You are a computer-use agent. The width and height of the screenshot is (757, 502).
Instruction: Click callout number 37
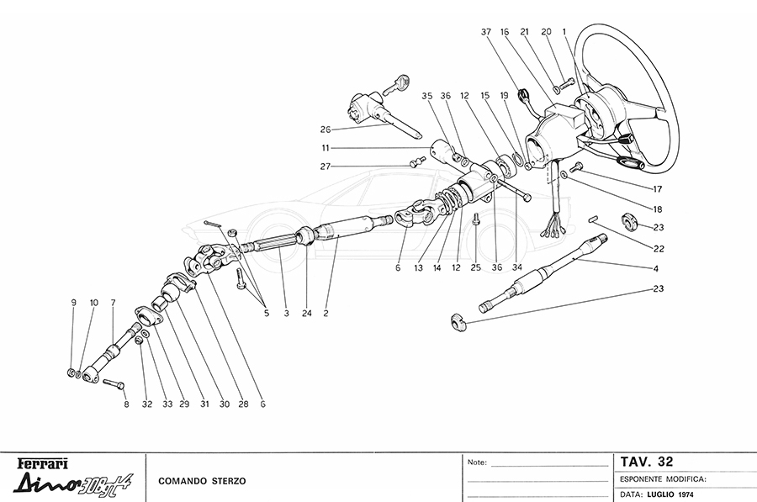485,32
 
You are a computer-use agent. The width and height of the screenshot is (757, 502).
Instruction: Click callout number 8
125,405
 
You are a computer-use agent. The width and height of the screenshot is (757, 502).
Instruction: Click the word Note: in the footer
476,462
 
